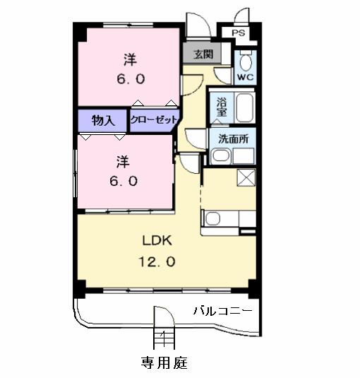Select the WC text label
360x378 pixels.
[246, 76]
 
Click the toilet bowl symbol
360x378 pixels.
[246, 58]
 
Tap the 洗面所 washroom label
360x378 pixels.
[232, 139]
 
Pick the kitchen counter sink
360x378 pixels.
[214, 218]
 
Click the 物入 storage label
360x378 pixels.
[103, 120]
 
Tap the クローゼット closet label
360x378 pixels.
[154, 120]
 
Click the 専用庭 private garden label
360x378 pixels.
[164, 362]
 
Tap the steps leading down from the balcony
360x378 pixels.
[164, 338]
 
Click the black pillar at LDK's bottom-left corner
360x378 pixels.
[80, 288]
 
